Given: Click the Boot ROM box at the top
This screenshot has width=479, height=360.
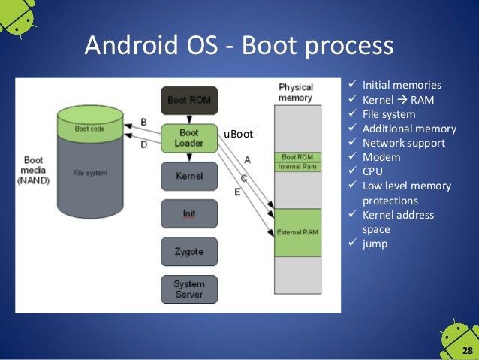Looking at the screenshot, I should click(188, 100).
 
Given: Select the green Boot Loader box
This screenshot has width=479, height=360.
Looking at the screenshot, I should click(188, 138).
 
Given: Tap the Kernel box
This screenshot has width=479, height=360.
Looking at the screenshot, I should click(188, 177).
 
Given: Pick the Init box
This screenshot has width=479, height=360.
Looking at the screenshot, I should click(188, 213).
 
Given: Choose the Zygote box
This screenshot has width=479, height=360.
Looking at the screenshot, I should click(188, 251).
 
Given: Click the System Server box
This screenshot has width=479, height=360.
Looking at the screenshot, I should click(188, 289).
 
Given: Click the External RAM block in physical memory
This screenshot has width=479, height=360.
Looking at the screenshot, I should click(298, 231).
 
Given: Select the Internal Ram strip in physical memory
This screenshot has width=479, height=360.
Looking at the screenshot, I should click(298, 165).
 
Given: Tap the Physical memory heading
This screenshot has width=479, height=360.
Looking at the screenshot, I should click(295, 92).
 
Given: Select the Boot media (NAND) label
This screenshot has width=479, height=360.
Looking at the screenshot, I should click(33, 169).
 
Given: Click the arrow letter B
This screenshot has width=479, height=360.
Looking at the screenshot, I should click(144, 122).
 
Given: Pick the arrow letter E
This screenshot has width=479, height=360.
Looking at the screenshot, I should click(238, 193).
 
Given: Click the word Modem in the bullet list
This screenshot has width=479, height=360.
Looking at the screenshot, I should click(381, 157).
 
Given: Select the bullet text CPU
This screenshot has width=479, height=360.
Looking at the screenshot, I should click(374, 171).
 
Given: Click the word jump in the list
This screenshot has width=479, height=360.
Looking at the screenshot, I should click(375, 244).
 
